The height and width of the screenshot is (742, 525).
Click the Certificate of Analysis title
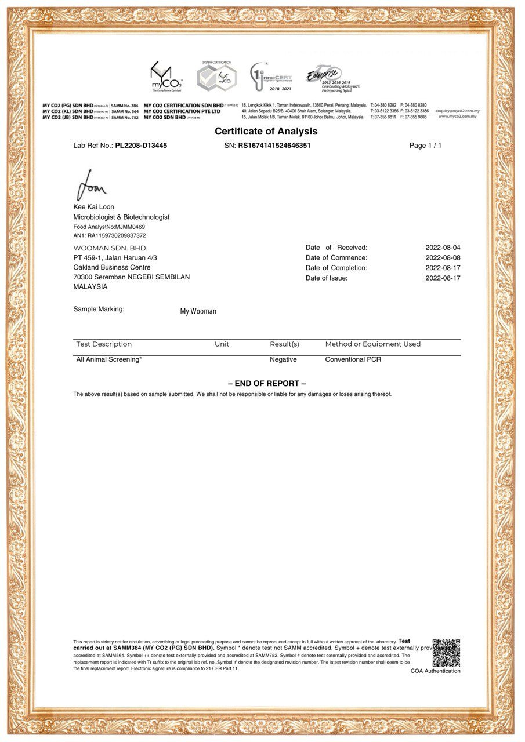click(266, 132)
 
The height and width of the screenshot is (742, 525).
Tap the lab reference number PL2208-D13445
click(141, 146)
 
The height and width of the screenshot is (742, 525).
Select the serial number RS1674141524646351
click(274, 146)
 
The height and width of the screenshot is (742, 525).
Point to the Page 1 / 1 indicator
click(425, 146)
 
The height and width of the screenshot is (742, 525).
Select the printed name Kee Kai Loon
click(94, 207)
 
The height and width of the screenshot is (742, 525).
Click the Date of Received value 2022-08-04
click(443, 248)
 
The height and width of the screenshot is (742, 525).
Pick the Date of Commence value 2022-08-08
click(443, 258)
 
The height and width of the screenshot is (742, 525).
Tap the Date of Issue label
click(327, 278)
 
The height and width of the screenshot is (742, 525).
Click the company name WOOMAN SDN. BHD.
click(110, 248)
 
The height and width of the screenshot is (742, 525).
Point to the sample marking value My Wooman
click(198, 311)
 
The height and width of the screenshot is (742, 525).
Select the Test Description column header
click(104, 344)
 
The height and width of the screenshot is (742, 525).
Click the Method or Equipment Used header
click(372, 344)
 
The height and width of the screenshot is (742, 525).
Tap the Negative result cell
click(283, 360)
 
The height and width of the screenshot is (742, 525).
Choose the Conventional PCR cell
click(353, 360)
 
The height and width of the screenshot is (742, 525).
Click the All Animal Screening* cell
click(109, 360)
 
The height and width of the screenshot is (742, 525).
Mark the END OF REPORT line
click(267, 384)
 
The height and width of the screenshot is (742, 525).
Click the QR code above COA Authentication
click(446, 653)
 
